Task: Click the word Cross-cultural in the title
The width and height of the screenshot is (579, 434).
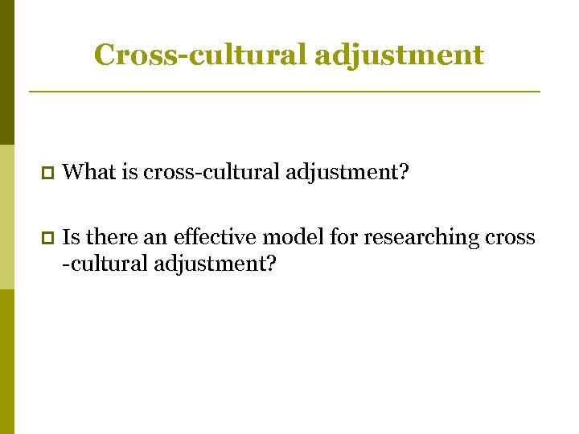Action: pos(199,55)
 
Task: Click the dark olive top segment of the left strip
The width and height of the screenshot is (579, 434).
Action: pos(6,72)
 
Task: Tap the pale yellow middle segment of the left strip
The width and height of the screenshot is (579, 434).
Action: pos(6,217)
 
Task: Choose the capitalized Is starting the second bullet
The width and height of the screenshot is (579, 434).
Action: pos(70,238)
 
